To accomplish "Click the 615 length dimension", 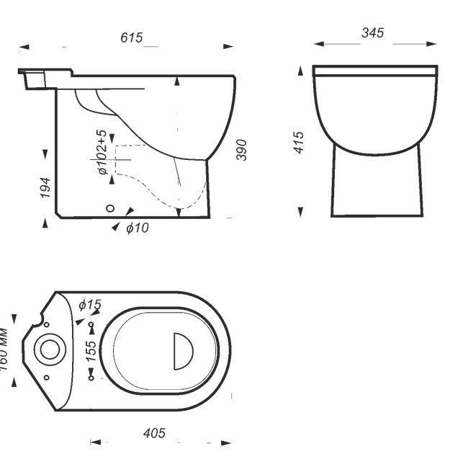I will [132, 37].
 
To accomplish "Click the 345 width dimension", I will [372, 33].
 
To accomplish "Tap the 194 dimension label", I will [45, 187].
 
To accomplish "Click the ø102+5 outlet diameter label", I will [102, 153].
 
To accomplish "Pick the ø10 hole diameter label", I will [138, 228].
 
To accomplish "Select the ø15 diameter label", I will [90, 305].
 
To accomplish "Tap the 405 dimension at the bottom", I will [154, 433].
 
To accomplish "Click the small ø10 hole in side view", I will [110, 208].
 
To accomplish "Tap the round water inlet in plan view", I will [50, 349].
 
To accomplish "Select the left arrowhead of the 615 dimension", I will [24, 48].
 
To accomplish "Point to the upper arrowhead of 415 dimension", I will [300, 71].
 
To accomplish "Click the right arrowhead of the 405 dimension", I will [226, 442].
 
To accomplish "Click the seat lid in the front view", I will [374, 70].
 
